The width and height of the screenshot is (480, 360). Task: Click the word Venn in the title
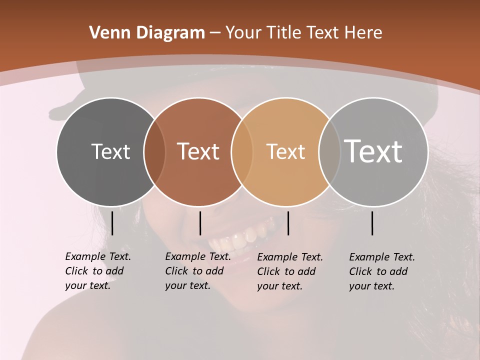[106, 33]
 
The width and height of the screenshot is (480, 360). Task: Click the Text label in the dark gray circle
[110, 151]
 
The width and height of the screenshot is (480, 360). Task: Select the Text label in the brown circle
[198, 151]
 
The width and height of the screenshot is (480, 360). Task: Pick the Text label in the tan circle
[285, 151]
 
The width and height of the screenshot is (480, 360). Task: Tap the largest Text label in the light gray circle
[373, 151]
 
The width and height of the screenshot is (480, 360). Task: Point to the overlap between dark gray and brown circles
[154, 151]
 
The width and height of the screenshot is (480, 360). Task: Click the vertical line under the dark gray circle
[112, 223]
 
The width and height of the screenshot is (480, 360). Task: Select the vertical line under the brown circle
[200, 223]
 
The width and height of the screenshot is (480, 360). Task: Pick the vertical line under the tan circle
[288, 223]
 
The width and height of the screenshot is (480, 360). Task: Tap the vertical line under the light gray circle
[372, 223]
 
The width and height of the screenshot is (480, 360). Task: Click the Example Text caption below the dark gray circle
[97, 271]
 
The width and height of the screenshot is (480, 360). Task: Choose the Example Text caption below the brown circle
[197, 271]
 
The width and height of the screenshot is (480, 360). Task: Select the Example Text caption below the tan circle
[289, 271]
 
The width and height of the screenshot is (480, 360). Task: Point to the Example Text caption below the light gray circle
[381, 271]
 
